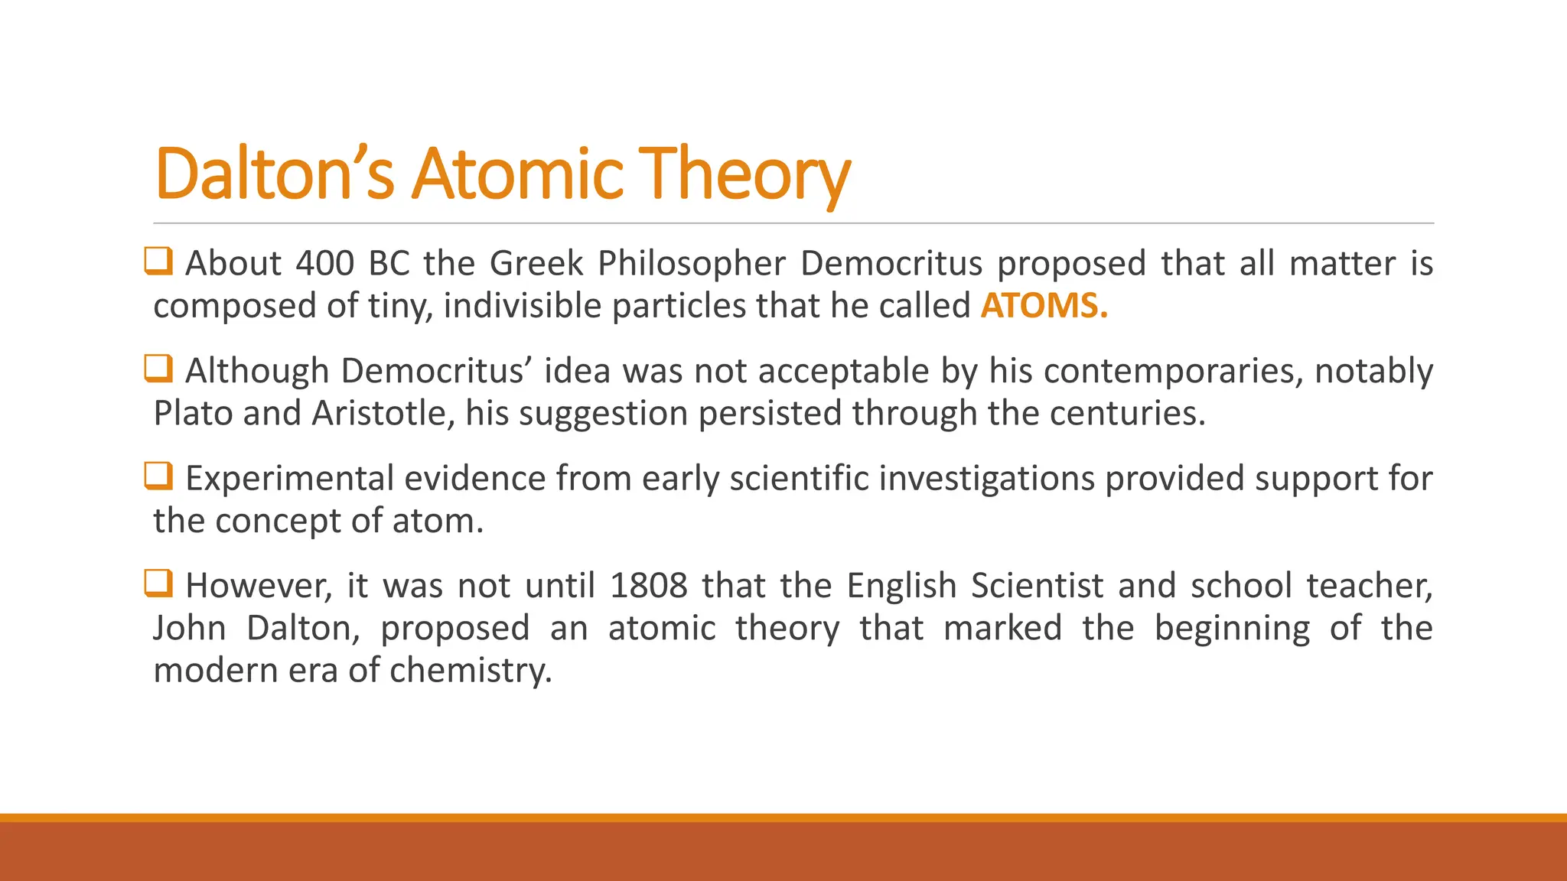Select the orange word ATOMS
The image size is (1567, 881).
[x=1044, y=306]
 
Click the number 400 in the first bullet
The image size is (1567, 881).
[x=324, y=264]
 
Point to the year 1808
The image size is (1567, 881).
[x=649, y=586]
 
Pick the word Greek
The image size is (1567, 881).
[x=536, y=264]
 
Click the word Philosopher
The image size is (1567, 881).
[x=692, y=264]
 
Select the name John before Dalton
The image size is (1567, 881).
[x=189, y=629]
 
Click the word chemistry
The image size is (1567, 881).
[x=471, y=671]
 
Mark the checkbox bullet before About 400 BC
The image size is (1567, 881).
[x=158, y=261]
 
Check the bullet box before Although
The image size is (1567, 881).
[x=158, y=369]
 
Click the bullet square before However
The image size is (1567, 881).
[x=158, y=584]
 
